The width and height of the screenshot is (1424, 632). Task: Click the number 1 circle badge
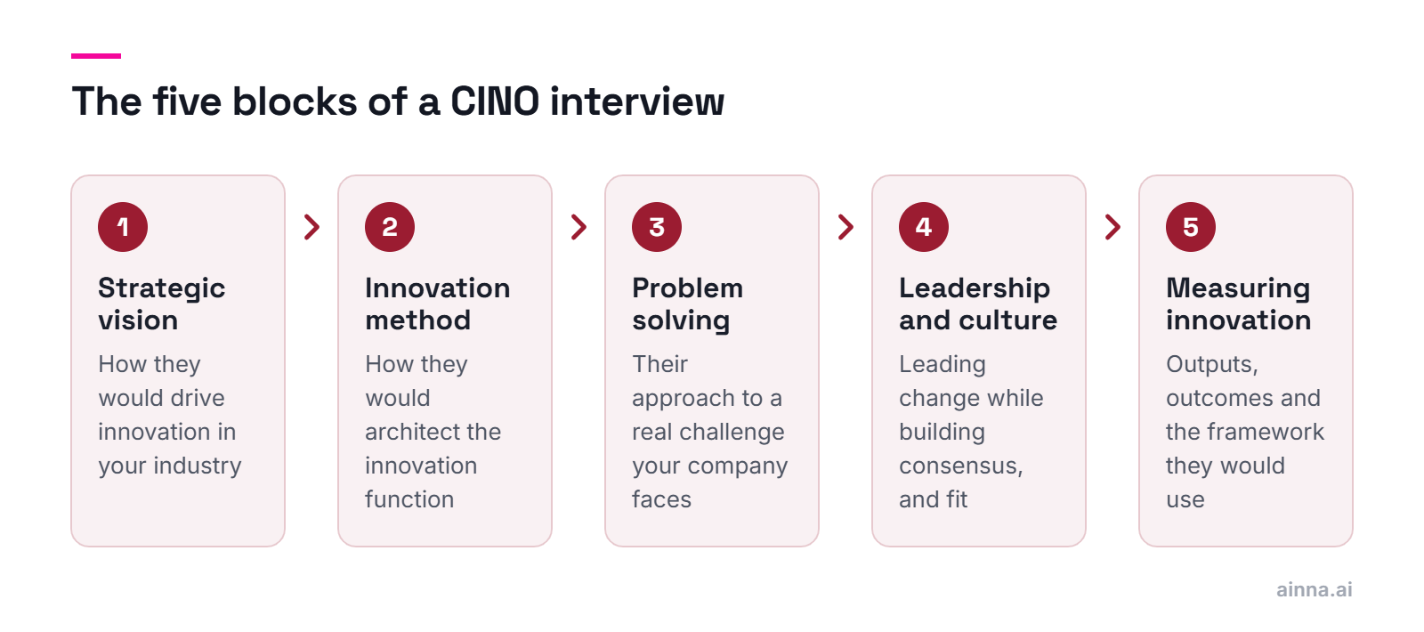point(123,227)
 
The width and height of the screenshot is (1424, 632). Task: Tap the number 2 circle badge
point(390,227)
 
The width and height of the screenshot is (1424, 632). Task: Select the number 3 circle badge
point(657,227)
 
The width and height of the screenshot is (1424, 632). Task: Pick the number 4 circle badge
point(924,227)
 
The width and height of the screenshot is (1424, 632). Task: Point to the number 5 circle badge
point(1191,227)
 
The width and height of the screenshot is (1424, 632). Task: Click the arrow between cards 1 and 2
point(312,227)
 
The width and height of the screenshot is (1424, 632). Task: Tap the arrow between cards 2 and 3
point(579,227)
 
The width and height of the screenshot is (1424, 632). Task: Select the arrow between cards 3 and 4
point(846,227)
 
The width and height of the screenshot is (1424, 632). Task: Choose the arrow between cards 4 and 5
point(1113,227)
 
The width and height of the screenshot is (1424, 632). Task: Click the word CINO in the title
point(495,101)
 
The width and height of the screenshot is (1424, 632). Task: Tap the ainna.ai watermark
point(1314,589)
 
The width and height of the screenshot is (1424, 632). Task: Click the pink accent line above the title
point(96,56)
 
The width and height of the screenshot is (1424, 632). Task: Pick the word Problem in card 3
point(687,288)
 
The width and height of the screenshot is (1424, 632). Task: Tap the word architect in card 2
point(413,432)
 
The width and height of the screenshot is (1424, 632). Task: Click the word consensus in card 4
point(960,466)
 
